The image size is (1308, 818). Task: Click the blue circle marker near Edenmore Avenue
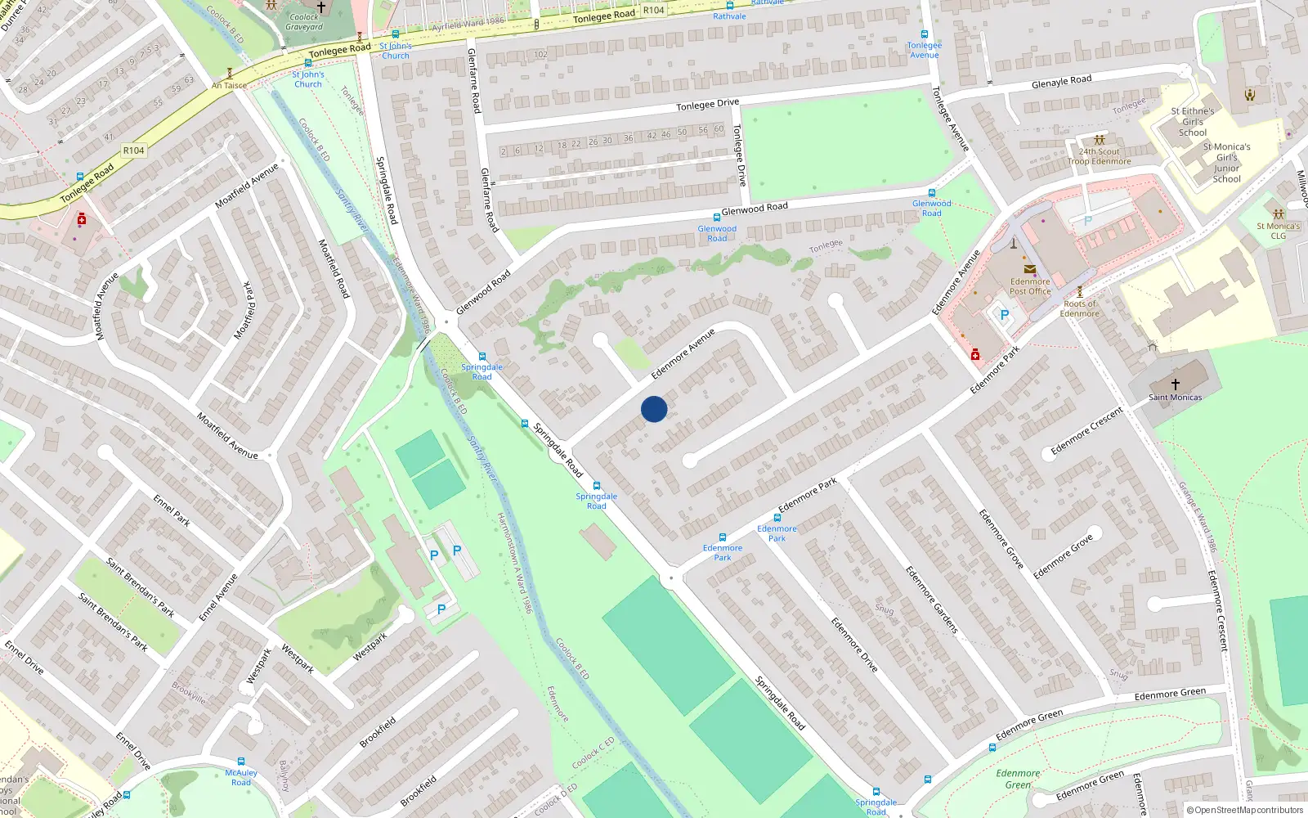[x=654, y=409]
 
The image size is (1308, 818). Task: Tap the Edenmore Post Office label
[x=1030, y=286]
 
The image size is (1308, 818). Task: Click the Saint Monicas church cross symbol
[x=1175, y=384]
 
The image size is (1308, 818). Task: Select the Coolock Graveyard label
[x=304, y=22]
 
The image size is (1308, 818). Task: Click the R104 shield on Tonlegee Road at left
[x=133, y=151]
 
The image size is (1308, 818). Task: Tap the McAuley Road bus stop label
[x=241, y=777]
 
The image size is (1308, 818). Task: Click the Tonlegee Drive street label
[x=707, y=104]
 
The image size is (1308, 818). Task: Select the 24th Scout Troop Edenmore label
[x=1099, y=156]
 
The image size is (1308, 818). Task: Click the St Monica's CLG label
[x=1278, y=231]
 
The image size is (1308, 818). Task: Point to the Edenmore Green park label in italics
[x=1018, y=779]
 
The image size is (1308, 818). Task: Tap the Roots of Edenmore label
[x=1079, y=308]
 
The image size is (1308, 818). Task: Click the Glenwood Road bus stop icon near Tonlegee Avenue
[x=931, y=193]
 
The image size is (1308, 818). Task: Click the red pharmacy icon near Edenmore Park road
[x=974, y=354]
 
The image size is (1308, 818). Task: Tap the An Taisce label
[x=229, y=85]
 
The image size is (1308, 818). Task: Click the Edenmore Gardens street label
[x=931, y=599]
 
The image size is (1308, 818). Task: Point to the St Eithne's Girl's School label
[x=1192, y=121]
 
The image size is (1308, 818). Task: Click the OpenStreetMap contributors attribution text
[x=1248, y=810]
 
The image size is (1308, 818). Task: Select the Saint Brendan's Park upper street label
[x=140, y=586]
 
